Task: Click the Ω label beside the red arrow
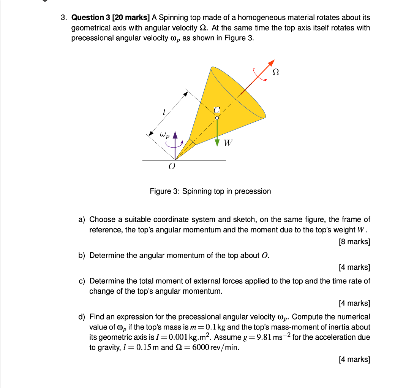(x=276, y=72)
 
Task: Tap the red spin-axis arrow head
(x=271, y=63)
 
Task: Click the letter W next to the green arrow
(x=228, y=143)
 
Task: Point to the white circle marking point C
(x=217, y=118)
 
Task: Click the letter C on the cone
(x=216, y=110)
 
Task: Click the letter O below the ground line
(x=172, y=167)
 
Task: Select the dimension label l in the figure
(x=163, y=112)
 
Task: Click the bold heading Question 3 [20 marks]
(x=111, y=17)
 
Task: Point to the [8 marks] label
(x=354, y=242)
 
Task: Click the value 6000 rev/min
(x=216, y=348)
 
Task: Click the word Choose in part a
(x=101, y=219)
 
